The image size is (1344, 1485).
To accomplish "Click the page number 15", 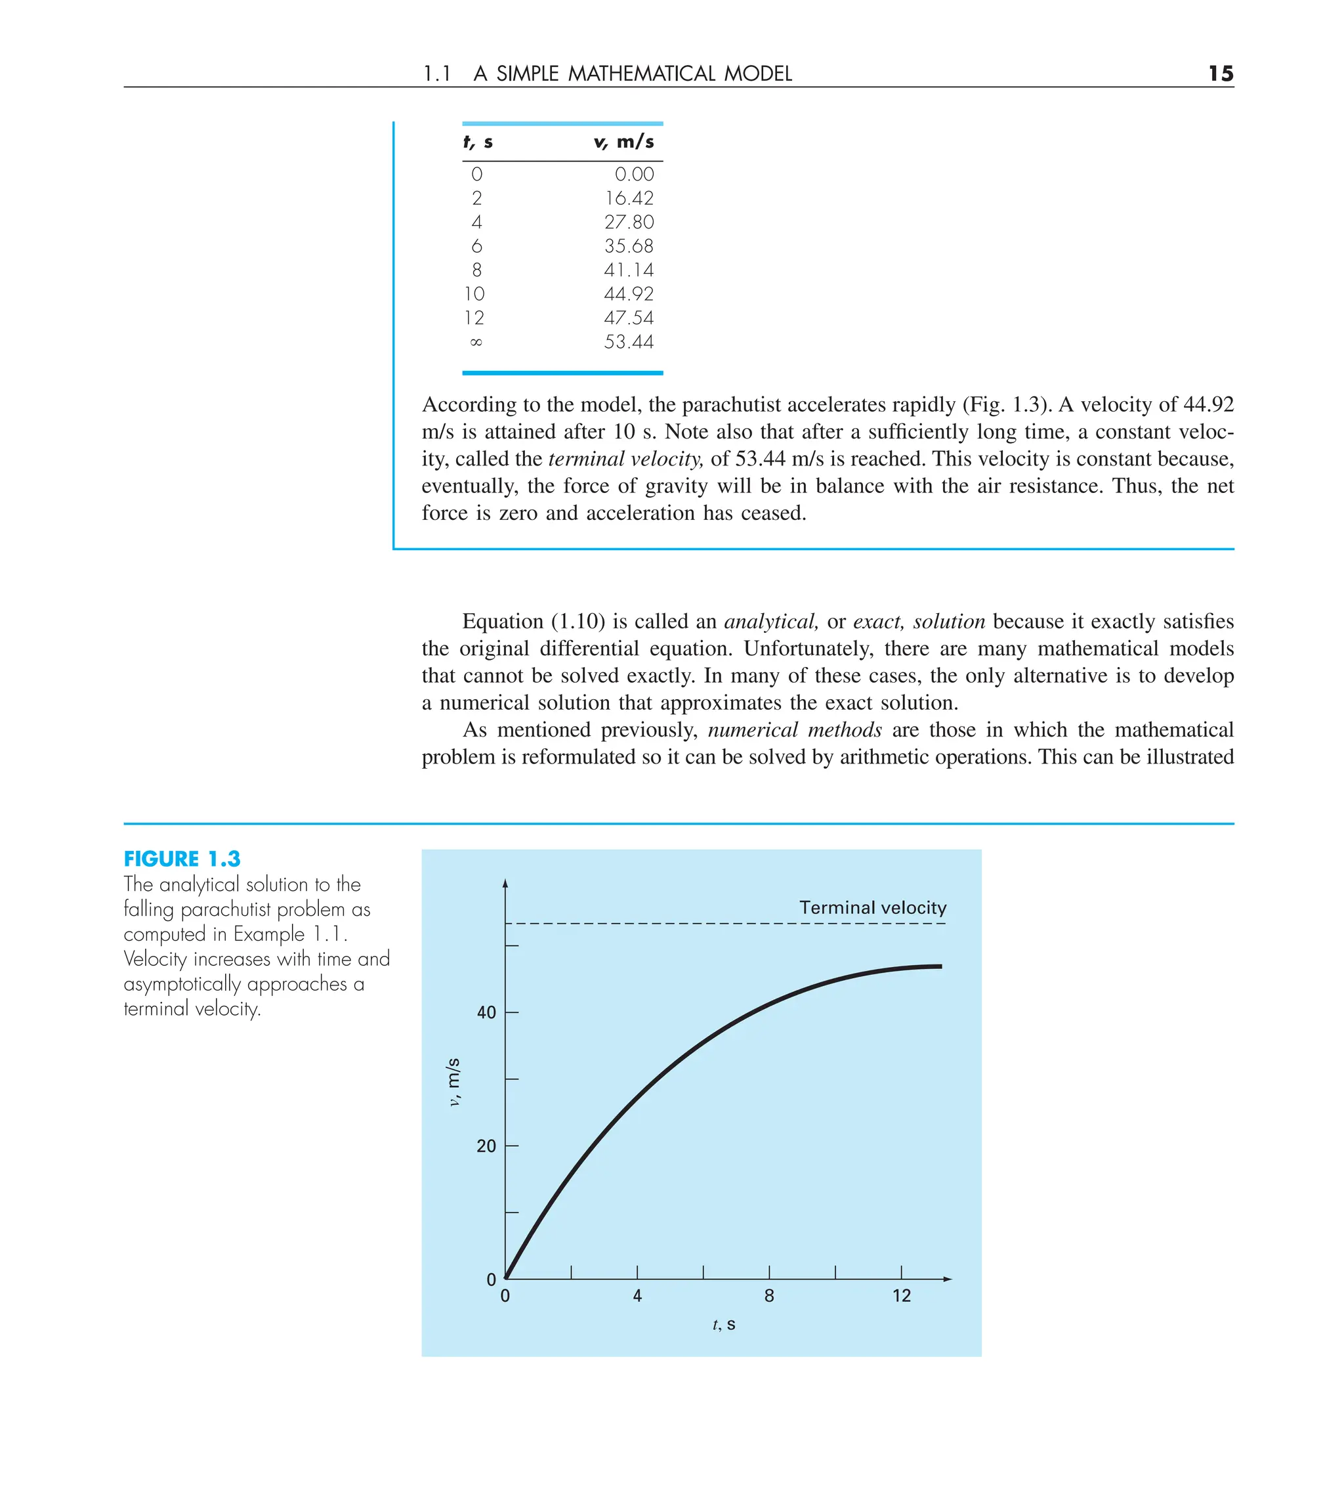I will pyautogui.click(x=1220, y=74).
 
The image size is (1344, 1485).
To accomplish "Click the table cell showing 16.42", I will pyautogui.click(x=629, y=198).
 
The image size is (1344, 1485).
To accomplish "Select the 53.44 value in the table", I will pyautogui.click(x=629, y=342).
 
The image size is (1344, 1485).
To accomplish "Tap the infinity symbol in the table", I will pyautogui.click(x=476, y=342).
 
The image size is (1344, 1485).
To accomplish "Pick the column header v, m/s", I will pyautogui.click(x=623, y=141).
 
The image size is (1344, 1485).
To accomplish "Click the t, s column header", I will pyautogui.click(x=478, y=141).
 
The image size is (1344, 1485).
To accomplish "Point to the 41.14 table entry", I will pyautogui.click(x=629, y=270).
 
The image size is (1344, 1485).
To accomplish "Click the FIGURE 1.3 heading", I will pyautogui.click(x=182, y=859).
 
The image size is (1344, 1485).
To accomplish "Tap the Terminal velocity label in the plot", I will pyautogui.click(x=873, y=907).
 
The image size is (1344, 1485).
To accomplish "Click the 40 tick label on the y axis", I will pyautogui.click(x=486, y=1013).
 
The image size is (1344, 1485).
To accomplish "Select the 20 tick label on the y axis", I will pyautogui.click(x=486, y=1146).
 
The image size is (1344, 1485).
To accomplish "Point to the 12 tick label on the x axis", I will pyautogui.click(x=902, y=1296).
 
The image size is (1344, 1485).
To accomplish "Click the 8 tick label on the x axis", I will pyautogui.click(x=769, y=1296).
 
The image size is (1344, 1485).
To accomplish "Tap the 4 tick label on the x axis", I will pyautogui.click(x=637, y=1296).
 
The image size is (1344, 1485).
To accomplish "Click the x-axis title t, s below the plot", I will pyautogui.click(x=724, y=1324).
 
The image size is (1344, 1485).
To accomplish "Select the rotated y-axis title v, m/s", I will pyautogui.click(x=453, y=1081).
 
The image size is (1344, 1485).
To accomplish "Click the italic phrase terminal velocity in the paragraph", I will pyautogui.click(x=625, y=459).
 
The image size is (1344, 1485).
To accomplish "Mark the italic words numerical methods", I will pyautogui.click(x=795, y=730).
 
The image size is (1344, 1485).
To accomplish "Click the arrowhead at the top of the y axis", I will pyautogui.click(x=505, y=883).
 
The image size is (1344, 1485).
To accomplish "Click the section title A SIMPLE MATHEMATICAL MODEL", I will pyautogui.click(x=633, y=74).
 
